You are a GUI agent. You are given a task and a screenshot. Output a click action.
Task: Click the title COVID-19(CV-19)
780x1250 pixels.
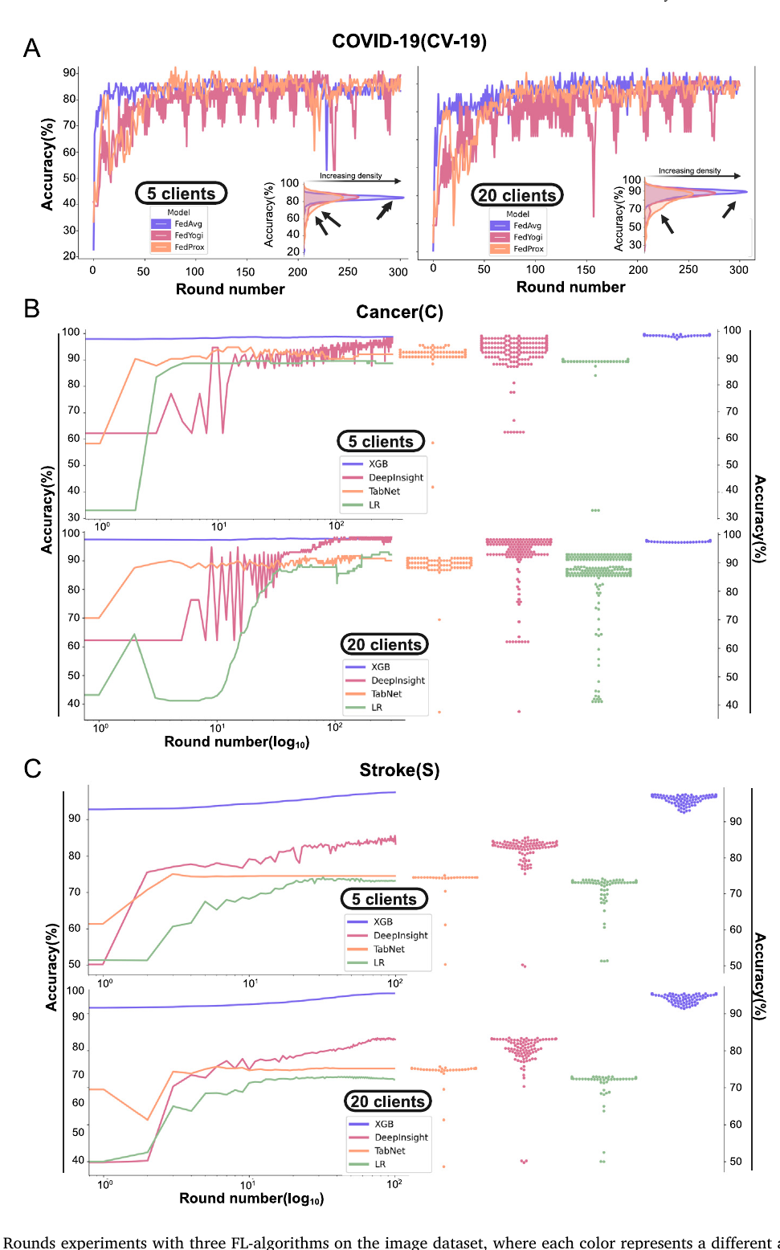point(409,42)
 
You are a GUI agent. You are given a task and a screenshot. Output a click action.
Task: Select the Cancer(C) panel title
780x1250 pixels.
point(399,312)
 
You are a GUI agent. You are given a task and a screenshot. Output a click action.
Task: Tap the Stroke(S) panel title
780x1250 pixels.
point(399,770)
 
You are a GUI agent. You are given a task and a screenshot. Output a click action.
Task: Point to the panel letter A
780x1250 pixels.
point(31,49)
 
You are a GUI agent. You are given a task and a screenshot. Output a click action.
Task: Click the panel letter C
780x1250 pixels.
point(32,769)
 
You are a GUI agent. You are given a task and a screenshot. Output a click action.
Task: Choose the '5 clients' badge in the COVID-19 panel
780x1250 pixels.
point(182,194)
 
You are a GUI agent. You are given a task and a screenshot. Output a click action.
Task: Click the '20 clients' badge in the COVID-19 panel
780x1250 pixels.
point(517,195)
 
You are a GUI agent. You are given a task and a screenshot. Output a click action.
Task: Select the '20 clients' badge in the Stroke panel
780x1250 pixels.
point(387,1101)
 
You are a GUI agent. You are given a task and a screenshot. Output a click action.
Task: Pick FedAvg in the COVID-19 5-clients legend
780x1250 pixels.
point(188,224)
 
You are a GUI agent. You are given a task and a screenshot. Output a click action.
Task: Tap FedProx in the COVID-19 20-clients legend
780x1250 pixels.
point(528,249)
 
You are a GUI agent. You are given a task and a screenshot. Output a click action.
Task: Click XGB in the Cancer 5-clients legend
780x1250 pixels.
point(378,464)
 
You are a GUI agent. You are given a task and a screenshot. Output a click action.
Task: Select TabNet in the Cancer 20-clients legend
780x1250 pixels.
point(386,694)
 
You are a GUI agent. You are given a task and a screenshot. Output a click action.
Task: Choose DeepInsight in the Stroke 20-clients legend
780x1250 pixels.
point(401,1138)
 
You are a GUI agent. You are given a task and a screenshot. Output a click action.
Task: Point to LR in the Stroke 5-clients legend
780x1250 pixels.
point(378,962)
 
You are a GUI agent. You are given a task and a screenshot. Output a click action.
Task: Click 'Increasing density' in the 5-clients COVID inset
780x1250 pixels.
point(350,175)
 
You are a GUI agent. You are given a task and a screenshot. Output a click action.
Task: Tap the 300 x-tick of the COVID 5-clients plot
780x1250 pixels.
point(398,272)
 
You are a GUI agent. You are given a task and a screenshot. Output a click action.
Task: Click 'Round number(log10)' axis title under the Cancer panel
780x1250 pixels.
point(236,741)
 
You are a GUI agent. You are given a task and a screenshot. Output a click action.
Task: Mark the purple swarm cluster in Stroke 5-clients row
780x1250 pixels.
point(684,801)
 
